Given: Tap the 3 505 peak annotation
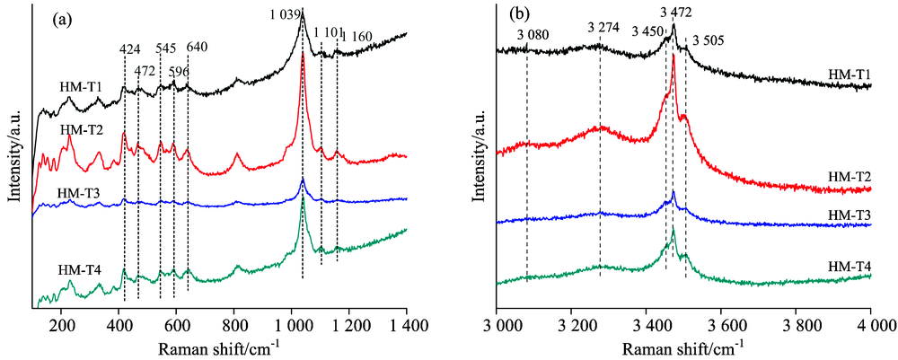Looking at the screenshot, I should tap(709, 40).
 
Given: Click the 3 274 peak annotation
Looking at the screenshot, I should tap(603, 27).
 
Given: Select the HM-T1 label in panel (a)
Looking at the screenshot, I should tap(81, 87).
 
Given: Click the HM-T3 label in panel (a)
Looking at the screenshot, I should tap(78, 193).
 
